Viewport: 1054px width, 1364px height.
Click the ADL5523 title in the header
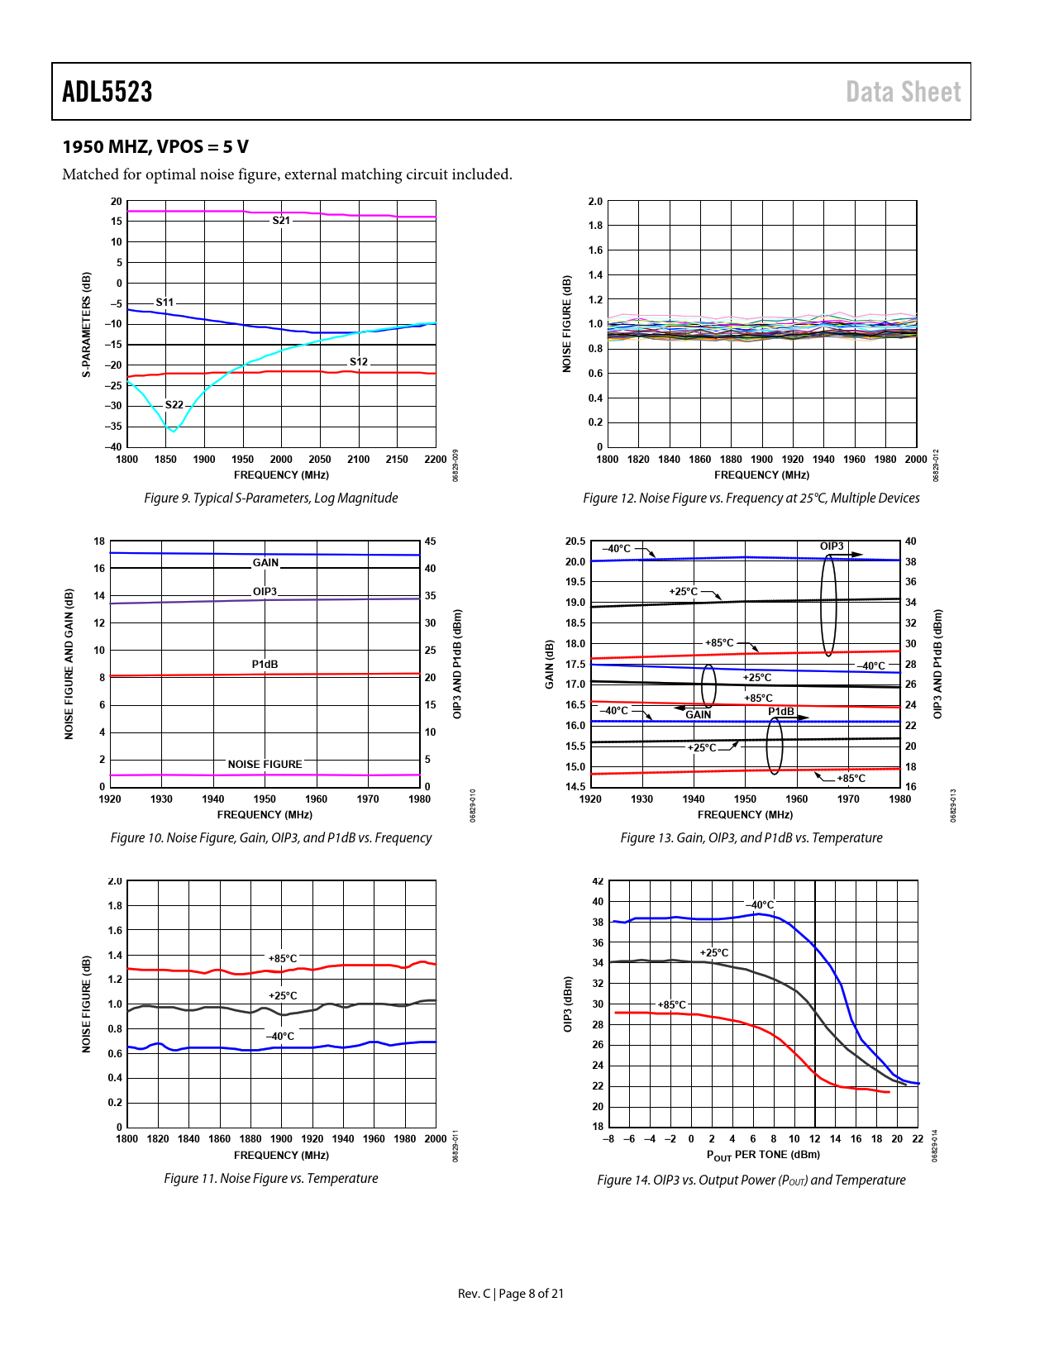click(x=107, y=92)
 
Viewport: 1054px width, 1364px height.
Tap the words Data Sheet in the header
click(x=903, y=92)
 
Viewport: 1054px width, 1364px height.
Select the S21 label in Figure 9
click(x=281, y=221)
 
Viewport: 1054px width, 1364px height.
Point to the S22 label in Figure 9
click(x=174, y=405)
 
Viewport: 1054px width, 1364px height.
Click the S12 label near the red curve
click(x=358, y=362)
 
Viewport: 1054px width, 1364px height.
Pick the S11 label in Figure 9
click(x=165, y=303)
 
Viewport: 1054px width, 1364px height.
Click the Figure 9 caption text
click(x=270, y=498)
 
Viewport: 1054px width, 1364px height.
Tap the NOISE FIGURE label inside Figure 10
click(x=265, y=765)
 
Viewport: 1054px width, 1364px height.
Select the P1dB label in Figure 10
click(x=265, y=665)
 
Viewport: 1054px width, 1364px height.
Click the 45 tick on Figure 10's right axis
click(x=430, y=541)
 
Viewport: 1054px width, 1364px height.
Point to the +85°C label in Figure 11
click(x=282, y=959)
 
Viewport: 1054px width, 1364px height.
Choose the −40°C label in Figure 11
click(x=279, y=1037)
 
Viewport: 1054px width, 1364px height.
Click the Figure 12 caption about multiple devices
click(x=751, y=498)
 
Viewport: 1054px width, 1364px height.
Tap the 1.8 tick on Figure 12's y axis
click(x=595, y=226)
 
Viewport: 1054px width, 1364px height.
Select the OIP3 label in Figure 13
click(x=832, y=546)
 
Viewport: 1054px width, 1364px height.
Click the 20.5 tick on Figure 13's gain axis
click(x=575, y=541)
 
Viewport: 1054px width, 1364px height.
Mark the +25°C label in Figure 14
click(x=714, y=953)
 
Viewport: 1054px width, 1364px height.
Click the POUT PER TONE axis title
click(x=763, y=1155)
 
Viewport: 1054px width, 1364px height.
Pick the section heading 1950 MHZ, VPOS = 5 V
click(x=155, y=147)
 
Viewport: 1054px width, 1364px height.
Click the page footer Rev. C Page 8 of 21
click(x=511, y=1293)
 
